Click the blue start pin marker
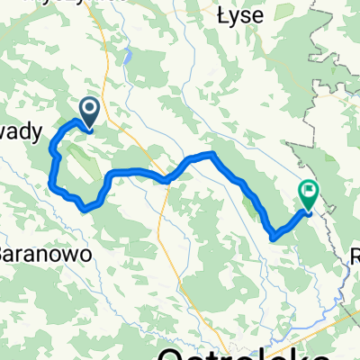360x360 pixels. [91, 112]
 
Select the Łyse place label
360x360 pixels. [237, 14]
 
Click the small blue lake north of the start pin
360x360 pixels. [130, 58]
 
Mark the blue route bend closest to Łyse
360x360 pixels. [213, 154]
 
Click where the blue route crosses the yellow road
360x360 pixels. [166, 179]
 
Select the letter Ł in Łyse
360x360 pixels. [222, 14]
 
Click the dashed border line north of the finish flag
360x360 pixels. [317, 135]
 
